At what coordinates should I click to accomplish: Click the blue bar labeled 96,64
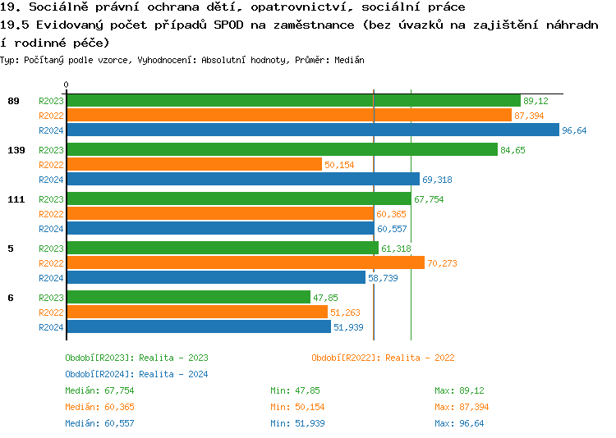pyautogui.click(x=312, y=130)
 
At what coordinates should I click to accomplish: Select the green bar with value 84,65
pyautogui.click(x=282, y=150)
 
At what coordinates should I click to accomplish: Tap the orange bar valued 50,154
pyautogui.click(x=194, y=165)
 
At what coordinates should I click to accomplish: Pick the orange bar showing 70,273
pyautogui.click(x=245, y=263)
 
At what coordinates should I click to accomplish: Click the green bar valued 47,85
pyautogui.click(x=188, y=298)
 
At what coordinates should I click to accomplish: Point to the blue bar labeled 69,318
pyautogui.click(x=242, y=180)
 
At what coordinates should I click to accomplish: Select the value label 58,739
pyautogui.click(x=382, y=278)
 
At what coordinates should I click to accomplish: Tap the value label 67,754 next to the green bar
pyautogui.click(x=429, y=199)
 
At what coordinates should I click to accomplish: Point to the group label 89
pyautogui.click(x=13, y=101)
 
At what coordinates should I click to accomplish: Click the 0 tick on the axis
pyautogui.click(x=67, y=84)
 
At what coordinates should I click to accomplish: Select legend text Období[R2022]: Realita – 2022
pyautogui.click(x=383, y=358)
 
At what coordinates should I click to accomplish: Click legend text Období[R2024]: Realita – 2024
pyautogui.click(x=136, y=374)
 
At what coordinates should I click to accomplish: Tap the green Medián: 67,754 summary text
pyautogui.click(x=99, y=390)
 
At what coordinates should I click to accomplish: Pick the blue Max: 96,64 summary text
pyautogui.click(x=459, y=423)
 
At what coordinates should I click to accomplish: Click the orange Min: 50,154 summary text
pyautogui.click(x=297, y=407)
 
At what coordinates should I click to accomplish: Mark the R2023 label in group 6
pyautogui.click(x=51, y=298)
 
